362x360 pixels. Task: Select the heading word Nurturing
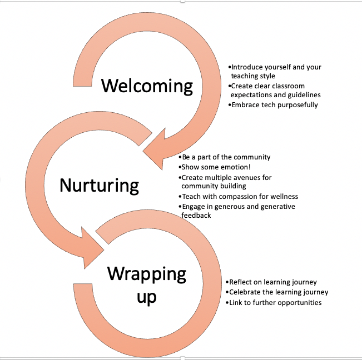[99, 184]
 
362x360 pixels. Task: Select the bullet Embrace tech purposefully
[275, 104]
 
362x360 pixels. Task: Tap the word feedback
[196, 215]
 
